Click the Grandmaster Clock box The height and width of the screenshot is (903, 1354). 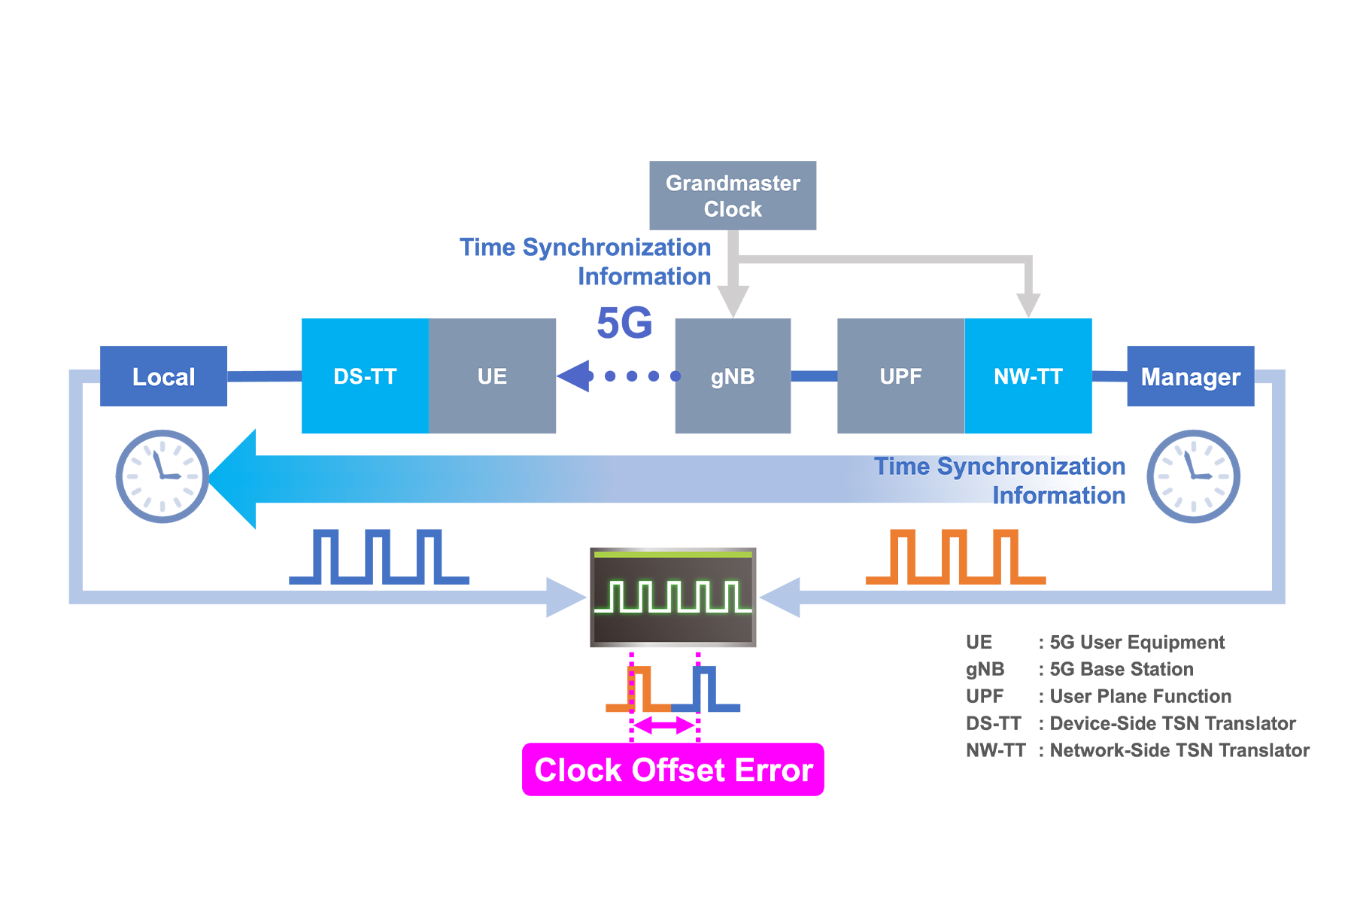coord(733,196)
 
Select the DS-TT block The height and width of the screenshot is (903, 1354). coord(365,376)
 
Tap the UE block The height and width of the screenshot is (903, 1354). coord(492,376)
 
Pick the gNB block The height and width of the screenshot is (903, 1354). coord(733,376)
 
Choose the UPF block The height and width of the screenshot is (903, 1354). coord(900,376)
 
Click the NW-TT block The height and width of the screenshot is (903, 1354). coord(1028,376)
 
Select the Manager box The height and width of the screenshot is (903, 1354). coord(1190,376)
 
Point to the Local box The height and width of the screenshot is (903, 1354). coord(163,376)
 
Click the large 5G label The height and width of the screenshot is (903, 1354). coord(624,324)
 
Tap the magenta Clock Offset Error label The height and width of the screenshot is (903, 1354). coord(672,770)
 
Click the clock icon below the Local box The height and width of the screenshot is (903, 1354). coord(162,476)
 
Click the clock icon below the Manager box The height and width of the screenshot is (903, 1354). coord(1193,476)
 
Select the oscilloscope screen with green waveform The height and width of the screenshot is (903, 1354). coord(672,597)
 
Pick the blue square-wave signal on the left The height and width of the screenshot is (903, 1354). coord(379,557)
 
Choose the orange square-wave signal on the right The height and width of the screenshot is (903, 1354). coord(955,557)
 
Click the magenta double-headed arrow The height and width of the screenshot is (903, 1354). coord(664,725)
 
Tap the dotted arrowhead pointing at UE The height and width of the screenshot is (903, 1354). coord(574,376)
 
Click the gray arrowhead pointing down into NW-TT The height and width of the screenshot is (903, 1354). coord(1028,305)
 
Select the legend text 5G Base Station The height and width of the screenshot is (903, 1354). coord(1121,669)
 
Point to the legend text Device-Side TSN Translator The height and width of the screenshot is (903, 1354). coord(1172,723)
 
